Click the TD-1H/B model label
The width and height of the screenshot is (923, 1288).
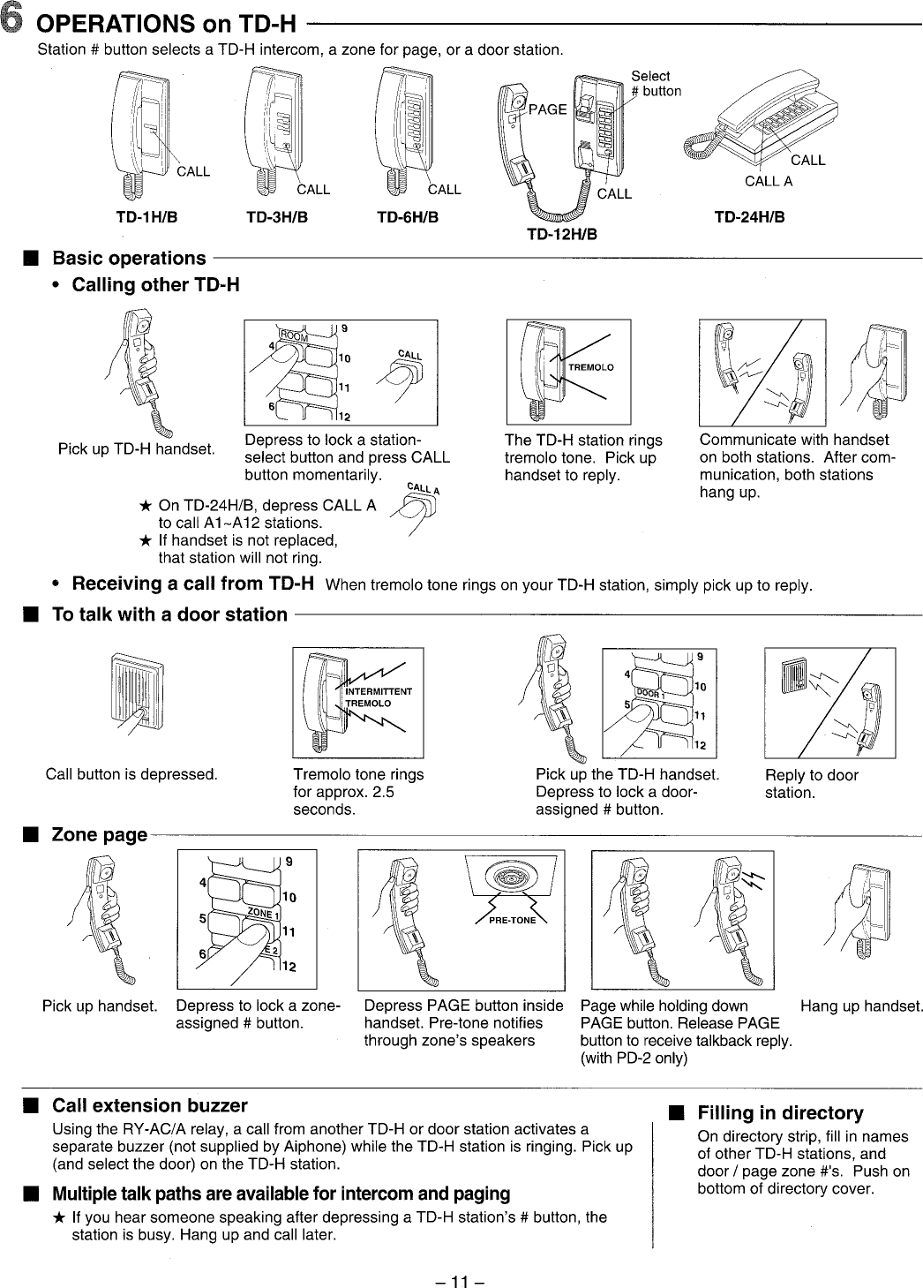point(147,217)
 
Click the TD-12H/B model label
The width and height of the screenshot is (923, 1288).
point(562,235)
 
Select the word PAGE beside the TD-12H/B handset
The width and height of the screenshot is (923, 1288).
point(547,109)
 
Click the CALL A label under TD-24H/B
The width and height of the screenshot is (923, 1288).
point(769,182)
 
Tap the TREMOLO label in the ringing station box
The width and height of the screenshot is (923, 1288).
point(590,367)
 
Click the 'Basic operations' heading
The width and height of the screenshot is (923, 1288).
point(129,259)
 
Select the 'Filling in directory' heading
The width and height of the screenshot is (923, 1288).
point(780,1113)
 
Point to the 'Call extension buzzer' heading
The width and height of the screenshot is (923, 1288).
point(150,1106)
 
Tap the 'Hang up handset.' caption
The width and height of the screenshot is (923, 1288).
point(861,1006)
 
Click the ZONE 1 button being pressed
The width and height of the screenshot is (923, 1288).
point(261,915)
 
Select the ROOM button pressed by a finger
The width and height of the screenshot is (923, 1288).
point(293,337)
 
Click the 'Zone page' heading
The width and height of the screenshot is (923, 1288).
point(99,834)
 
